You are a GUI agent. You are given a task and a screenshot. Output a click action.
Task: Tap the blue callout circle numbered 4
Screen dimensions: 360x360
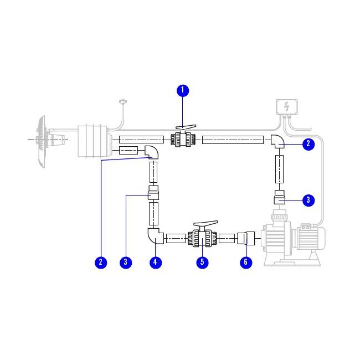(x=157, y=263)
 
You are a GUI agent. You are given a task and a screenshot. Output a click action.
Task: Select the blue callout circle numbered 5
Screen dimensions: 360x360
(x=203, y=263)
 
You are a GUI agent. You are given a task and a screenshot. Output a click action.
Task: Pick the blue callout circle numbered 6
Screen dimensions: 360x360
(x=246, y=263)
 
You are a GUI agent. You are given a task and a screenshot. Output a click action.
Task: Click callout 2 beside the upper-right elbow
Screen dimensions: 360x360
(x=308, y=145)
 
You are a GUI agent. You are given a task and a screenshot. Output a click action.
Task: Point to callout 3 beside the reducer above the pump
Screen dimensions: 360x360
(x=308, y=200)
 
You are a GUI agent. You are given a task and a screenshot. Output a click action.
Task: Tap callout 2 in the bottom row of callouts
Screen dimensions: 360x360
(x=100, y=263)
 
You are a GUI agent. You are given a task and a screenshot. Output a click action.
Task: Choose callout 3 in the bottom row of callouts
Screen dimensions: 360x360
(x=126, y=263)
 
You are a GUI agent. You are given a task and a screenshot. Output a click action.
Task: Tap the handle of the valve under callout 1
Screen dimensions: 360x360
(x=184, y=127)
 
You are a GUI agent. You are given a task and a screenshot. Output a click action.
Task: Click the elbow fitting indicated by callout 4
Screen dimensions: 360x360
(x=155, y=236)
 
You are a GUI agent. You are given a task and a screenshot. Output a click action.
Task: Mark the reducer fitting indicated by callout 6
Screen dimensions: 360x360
(x=245, y=239)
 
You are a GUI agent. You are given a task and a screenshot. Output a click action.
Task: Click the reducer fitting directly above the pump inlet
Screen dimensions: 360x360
(x=280, y=197)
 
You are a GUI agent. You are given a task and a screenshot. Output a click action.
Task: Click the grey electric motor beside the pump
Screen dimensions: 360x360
(x=311, y=238)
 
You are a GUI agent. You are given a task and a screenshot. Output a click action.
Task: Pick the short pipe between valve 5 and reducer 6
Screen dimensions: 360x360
(x=227, y=239)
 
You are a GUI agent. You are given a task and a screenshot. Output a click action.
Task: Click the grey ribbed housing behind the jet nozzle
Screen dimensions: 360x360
(x=92, y=141)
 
